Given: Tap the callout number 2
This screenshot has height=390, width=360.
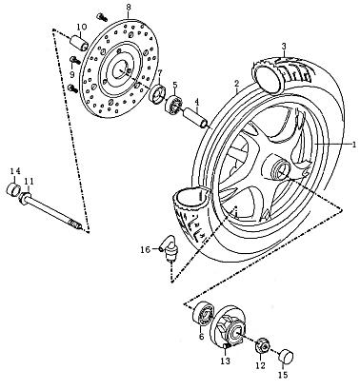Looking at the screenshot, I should [235, 84].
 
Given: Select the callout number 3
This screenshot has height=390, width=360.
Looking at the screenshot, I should [283, 46].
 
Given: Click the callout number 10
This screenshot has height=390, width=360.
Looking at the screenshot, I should [79, 26].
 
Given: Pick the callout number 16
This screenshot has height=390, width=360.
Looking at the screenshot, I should [145, 249].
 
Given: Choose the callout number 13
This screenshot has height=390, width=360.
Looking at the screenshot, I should [226, 361].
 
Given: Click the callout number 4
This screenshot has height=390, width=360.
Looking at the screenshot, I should [196, 103].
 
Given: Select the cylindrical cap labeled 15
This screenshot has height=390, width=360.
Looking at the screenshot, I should [284, 355].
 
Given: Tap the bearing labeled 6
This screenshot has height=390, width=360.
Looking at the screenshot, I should [204, 314].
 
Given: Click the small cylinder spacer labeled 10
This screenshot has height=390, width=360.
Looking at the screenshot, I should [83, 45].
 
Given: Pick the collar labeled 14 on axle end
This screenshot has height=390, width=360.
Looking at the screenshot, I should [14, 187].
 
